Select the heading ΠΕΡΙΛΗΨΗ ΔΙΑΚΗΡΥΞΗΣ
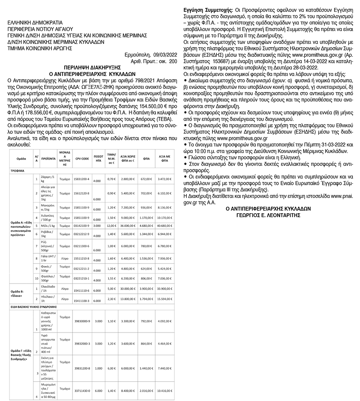[x=91, y=68]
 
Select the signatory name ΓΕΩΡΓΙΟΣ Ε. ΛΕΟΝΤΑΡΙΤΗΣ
[x=268, y=215]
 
